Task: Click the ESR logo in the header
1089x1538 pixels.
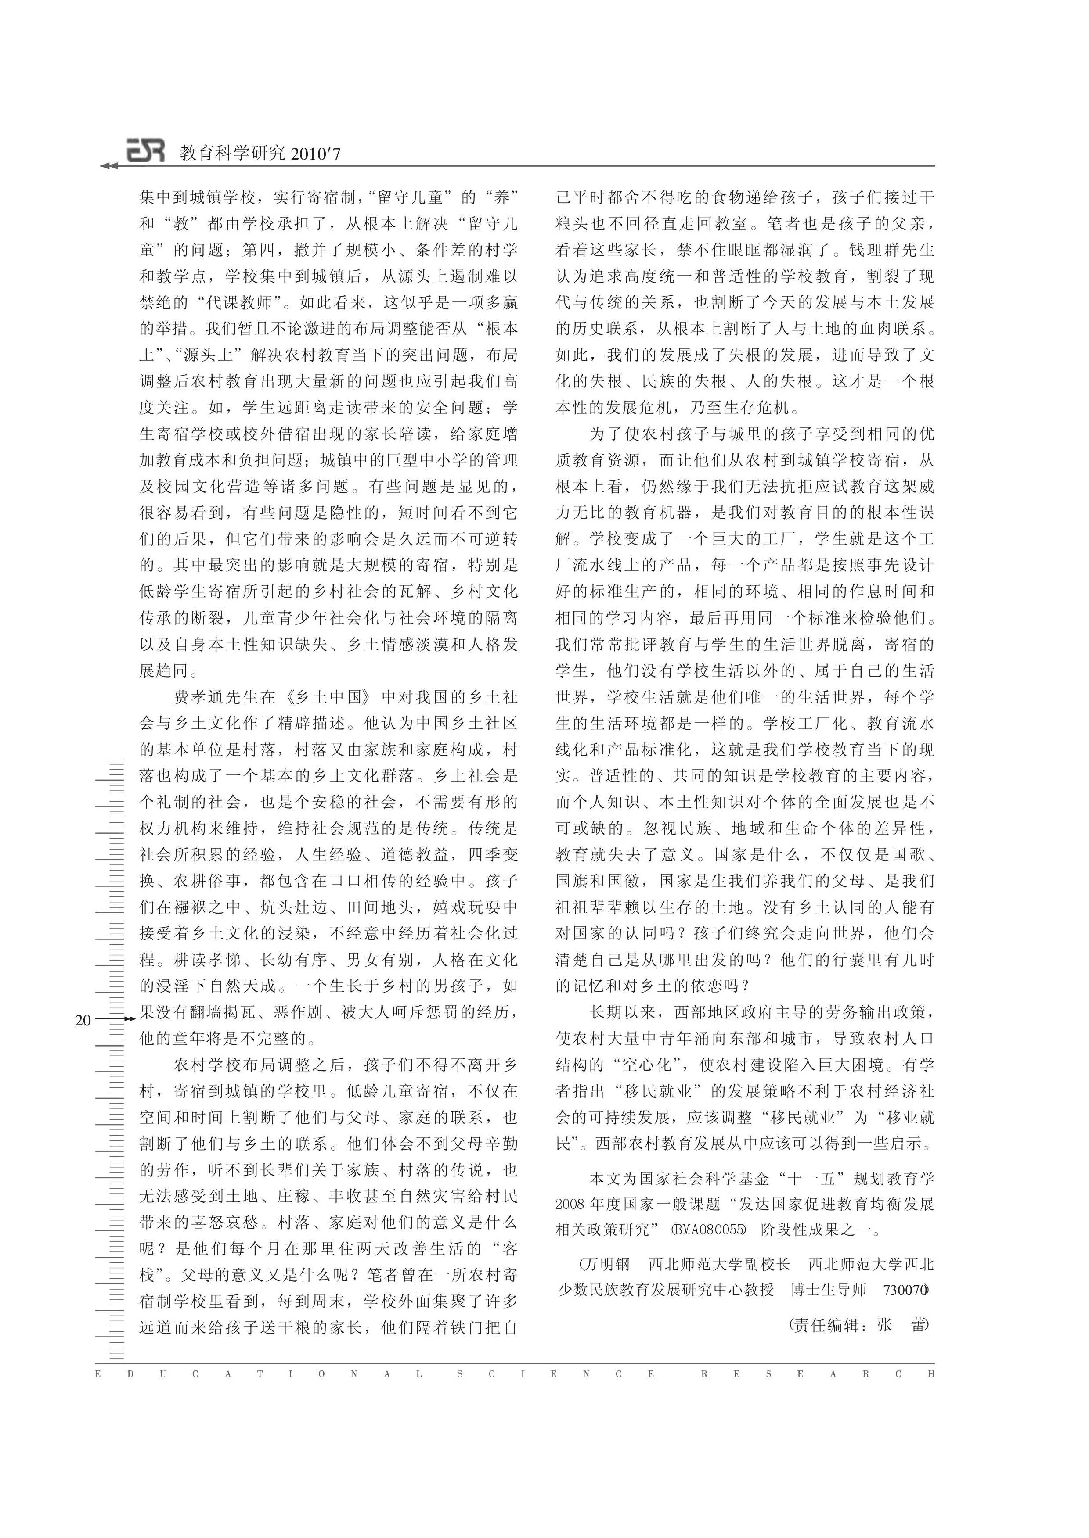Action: click(145, 151)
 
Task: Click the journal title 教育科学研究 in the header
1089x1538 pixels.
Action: click(232, 154)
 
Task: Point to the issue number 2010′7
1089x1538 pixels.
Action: click(315, 154)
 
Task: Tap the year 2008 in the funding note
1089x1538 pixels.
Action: click(570, 1204)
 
